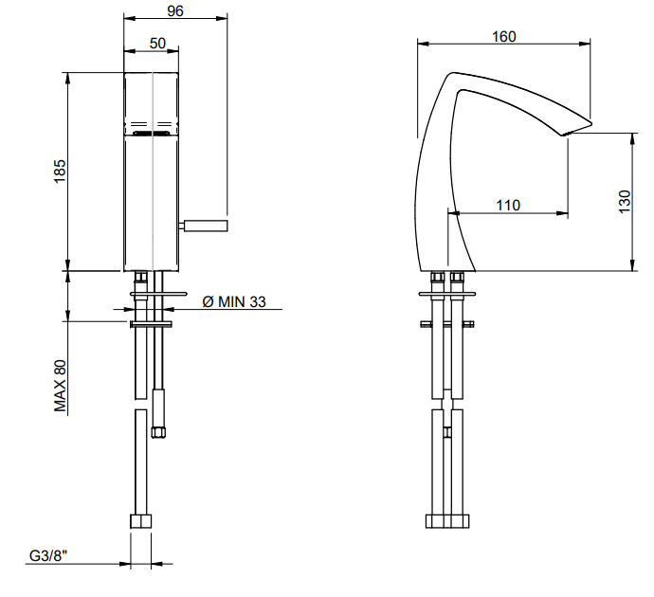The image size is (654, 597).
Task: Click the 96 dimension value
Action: pyautogui.click(x=175, y=10)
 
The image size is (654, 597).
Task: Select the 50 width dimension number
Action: pyautogui.click(x=157, y=43)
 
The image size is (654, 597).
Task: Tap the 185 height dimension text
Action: pyautogui.click(x=60, y=171)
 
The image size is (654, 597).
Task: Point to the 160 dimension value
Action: pyautogui.click(x=504, y=37)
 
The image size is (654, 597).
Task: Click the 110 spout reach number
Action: pyautogui.click(x=508, y=205)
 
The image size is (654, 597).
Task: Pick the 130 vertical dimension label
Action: pyautogui.click(x=625, y=202)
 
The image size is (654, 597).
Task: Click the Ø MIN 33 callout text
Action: pyautogui.click(x=234, y=301)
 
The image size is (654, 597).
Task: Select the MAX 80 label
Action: pyautogui.click(x=60, y=386)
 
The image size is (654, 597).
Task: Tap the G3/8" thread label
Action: pyautogui.click(x=48, y=555)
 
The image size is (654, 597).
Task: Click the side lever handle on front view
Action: pyautogui.click(x=203, y=226)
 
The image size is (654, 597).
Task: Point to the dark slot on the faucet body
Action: pyautogui.click(x=151, y=134)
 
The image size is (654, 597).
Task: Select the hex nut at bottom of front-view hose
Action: pyautogui.click(x=140, y=521)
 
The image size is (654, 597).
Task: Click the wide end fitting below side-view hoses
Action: pyautogui.click(x=447, y=521)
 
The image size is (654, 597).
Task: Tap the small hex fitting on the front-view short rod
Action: pyautogui.click(x=158, y=432)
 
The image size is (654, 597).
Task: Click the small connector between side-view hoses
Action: pyautogui.click(x=447, y=432)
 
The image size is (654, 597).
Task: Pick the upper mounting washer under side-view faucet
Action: pyautogui.click(x=447, y=294)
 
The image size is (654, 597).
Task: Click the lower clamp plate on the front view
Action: pyautogui.click(x=151, y=324)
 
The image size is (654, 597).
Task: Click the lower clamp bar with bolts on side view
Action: pyautogui.click(x=447, y=324)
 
